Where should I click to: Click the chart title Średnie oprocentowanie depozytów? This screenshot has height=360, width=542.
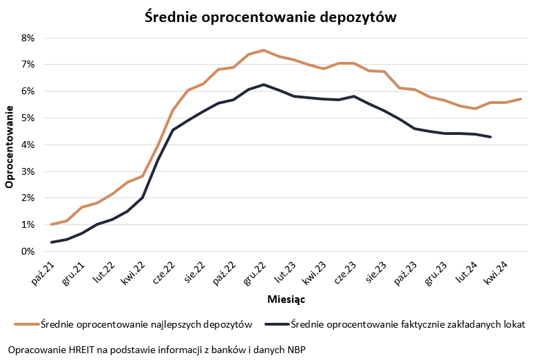(x=271, y=18)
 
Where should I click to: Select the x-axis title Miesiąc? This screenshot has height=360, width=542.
(x=286, y=300)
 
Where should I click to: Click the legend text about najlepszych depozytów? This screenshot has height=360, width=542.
(x=146, y=324)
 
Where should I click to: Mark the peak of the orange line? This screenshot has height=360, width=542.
(x=263, y=50)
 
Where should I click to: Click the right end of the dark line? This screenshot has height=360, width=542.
(x=490, y=137)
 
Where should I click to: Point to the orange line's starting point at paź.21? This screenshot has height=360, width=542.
(x=52, y=224)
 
